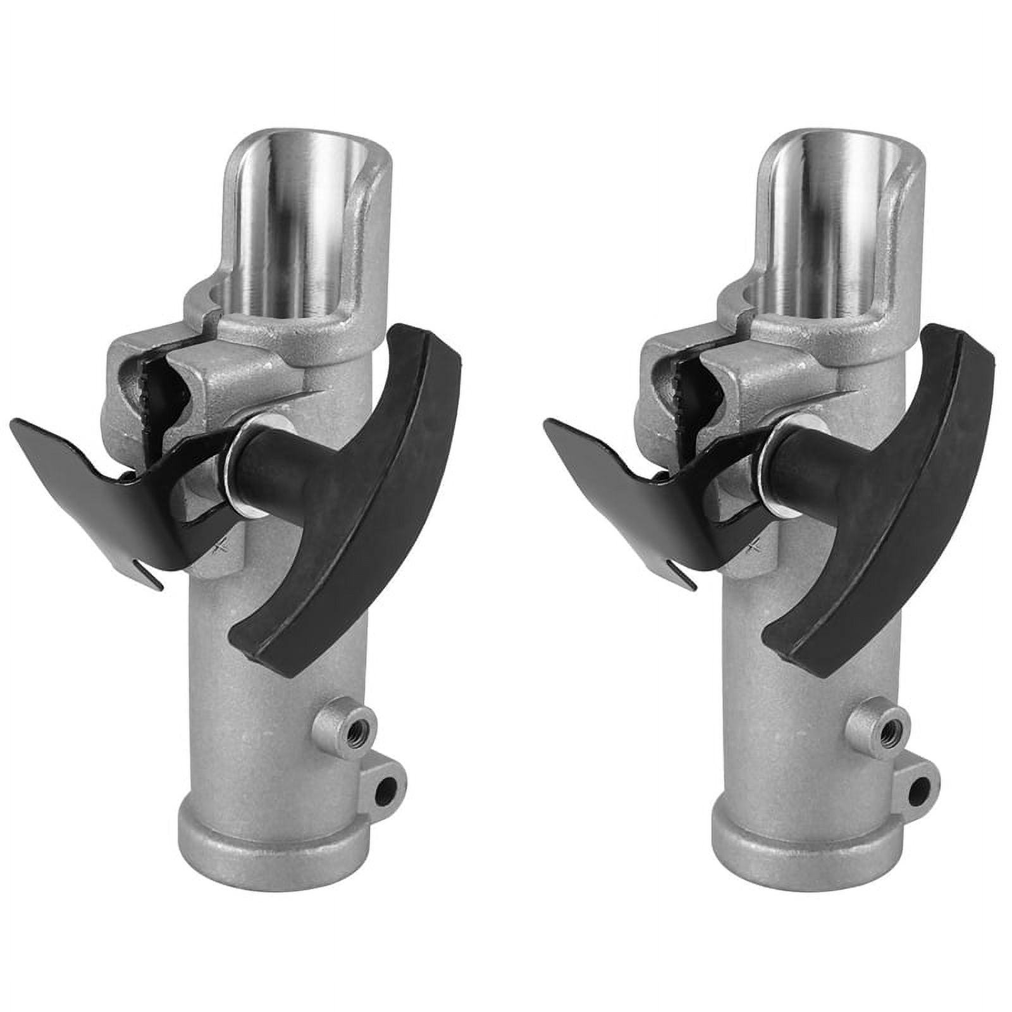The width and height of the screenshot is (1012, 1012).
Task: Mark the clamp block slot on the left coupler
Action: click(x=158, y=386)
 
